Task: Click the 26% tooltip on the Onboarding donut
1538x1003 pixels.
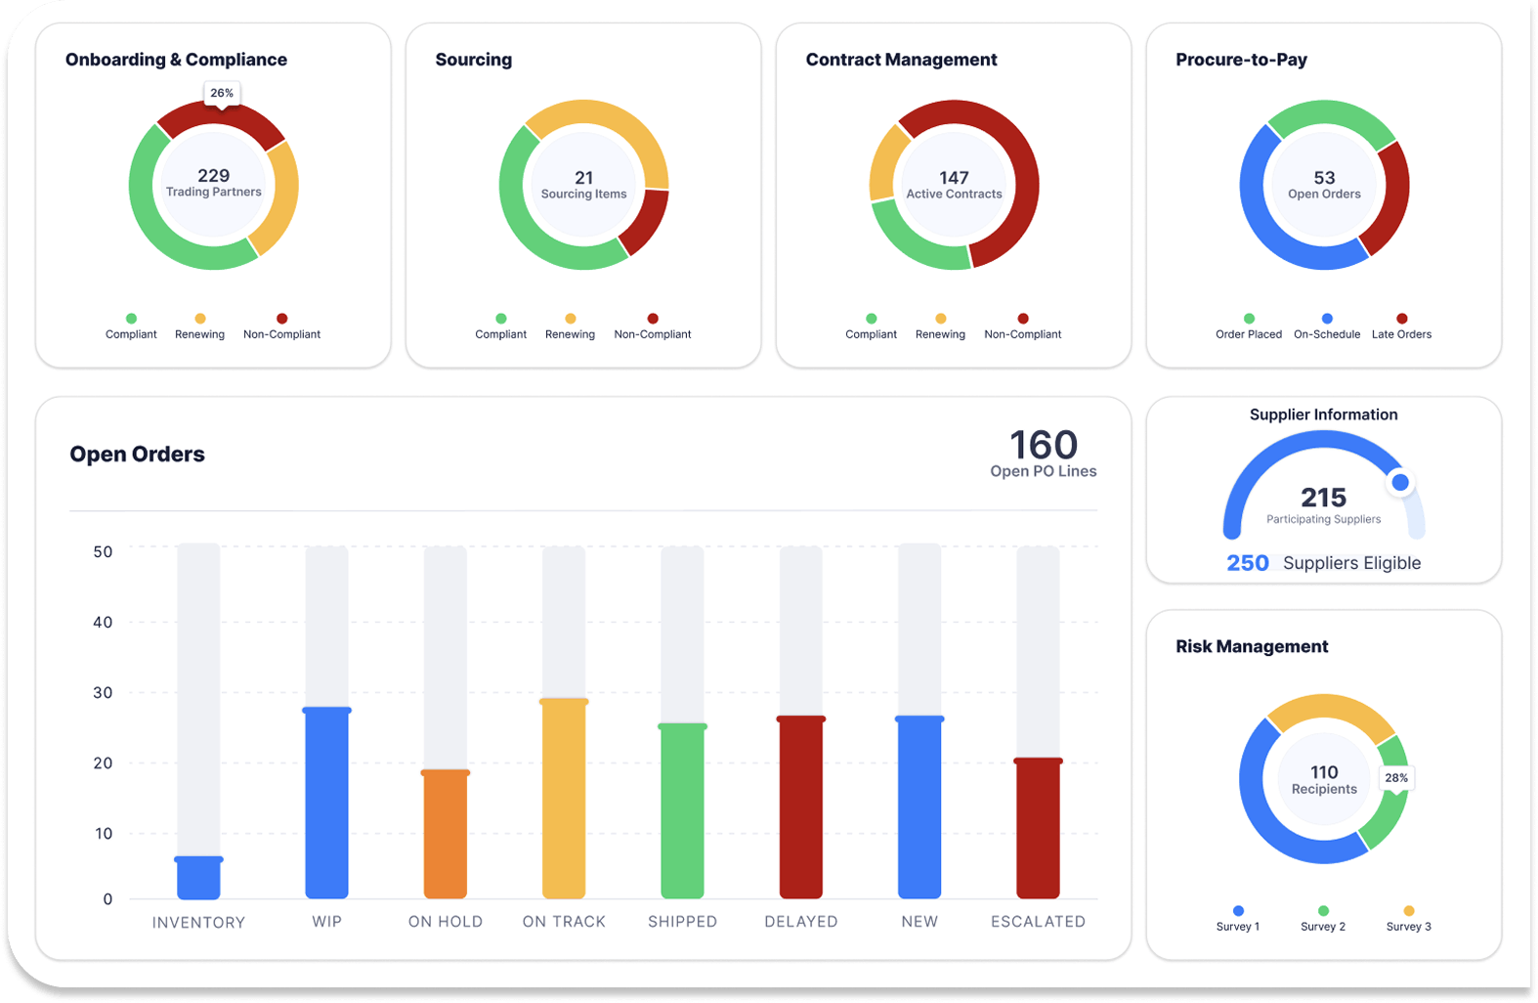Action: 222,93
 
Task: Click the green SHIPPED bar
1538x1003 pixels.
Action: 682,811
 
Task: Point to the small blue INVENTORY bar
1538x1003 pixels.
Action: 198,878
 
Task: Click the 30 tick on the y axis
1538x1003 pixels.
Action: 103,693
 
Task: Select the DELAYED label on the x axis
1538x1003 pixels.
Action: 801,922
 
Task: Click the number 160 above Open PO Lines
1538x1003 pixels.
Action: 1044,446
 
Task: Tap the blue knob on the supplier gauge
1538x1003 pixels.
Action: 1400,482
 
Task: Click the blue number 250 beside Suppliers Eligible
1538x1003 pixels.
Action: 1248,563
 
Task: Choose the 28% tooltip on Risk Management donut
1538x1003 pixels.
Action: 1396,778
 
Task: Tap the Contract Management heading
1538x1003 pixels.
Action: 901,60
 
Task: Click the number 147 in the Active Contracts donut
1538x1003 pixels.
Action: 954,178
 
